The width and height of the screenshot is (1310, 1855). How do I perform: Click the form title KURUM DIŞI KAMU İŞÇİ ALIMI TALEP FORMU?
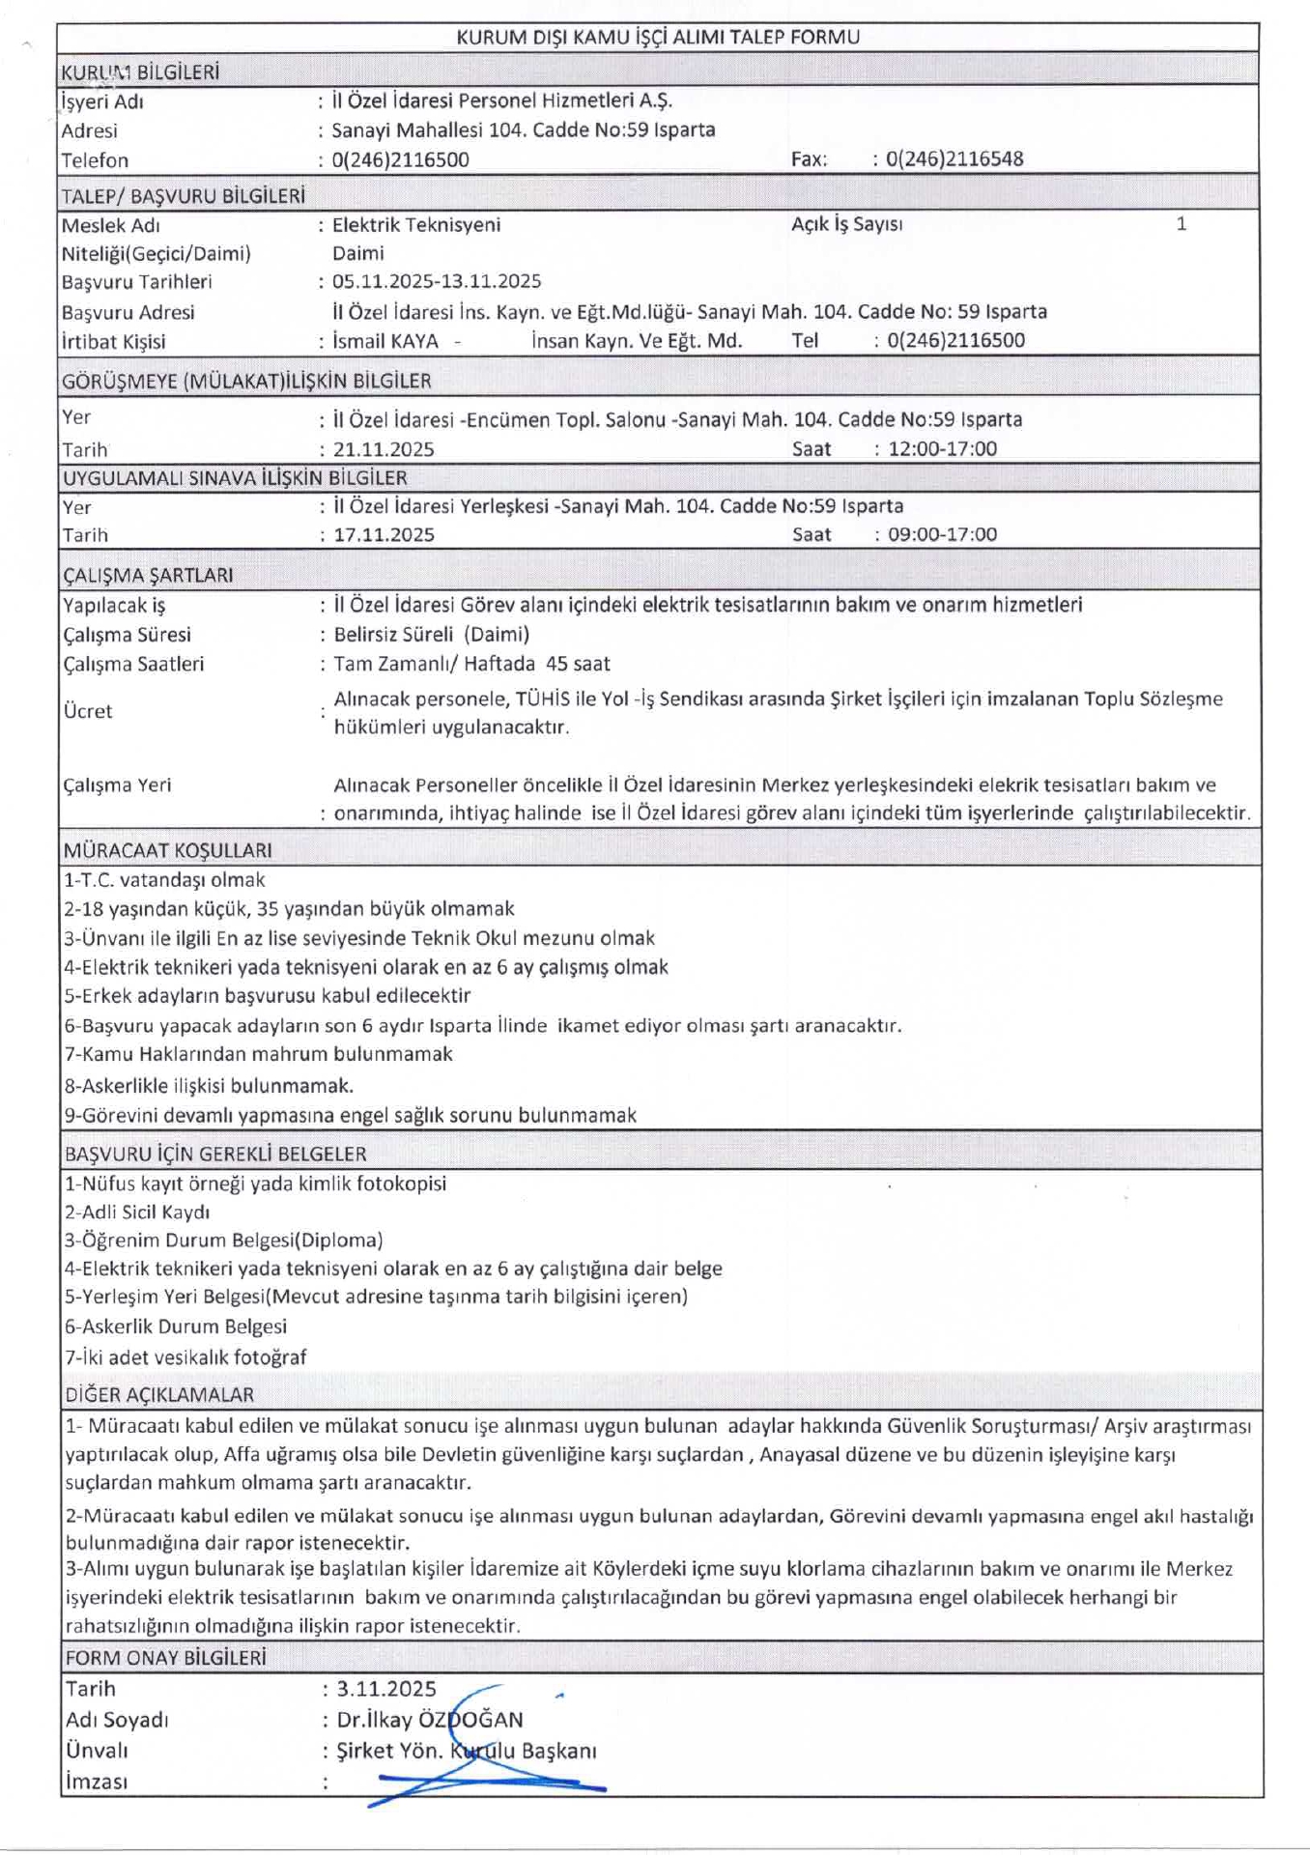point(657,38)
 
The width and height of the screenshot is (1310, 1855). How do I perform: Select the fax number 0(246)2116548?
point(954,159)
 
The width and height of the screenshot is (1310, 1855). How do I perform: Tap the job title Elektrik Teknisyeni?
point(416,225)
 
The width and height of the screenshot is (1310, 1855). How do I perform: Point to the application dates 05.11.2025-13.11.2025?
point(437,282)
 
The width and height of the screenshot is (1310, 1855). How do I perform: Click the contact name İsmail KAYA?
point(385,341)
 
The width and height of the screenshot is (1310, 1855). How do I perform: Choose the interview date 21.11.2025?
point(384,449)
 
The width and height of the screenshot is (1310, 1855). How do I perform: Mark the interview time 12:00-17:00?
point(942,449)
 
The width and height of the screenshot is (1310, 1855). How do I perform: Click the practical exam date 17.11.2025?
point(384,535)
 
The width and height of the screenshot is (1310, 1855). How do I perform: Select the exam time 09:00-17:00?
point(942,534)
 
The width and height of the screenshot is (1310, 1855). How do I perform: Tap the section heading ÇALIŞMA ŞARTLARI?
point(148,576)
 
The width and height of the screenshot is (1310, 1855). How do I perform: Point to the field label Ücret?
point(88,711)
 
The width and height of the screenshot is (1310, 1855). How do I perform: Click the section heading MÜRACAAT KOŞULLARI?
point(168,851)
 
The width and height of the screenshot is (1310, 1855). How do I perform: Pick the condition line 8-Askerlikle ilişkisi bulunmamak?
point(209,1086)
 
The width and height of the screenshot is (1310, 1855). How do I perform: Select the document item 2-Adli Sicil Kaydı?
point(137,1213)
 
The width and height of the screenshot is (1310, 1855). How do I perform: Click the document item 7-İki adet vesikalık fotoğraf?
point(185,1357)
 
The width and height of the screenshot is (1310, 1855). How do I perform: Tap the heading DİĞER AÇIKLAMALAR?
point(159,1395)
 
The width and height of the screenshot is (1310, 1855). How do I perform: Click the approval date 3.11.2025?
point(386,1689)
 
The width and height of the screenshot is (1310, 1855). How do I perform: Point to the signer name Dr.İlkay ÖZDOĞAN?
point(430,1720)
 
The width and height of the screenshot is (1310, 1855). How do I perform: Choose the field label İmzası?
point(97,1782)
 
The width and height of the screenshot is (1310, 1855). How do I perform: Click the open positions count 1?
point(1181,224)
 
